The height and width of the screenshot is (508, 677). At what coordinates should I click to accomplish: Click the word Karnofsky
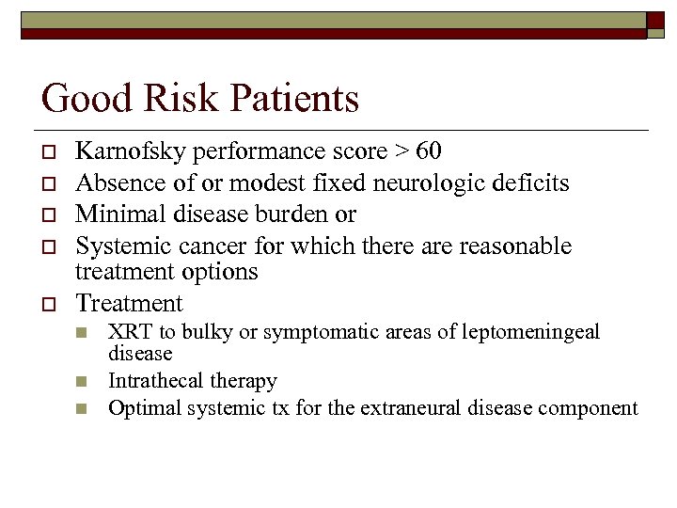tap(124, 151)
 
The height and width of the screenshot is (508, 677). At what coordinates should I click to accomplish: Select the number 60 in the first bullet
tap(427, 151)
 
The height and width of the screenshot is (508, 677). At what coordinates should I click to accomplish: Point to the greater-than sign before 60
tap(399, 152)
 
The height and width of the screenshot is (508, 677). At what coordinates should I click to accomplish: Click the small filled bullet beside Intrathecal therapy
tap(82, 382)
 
